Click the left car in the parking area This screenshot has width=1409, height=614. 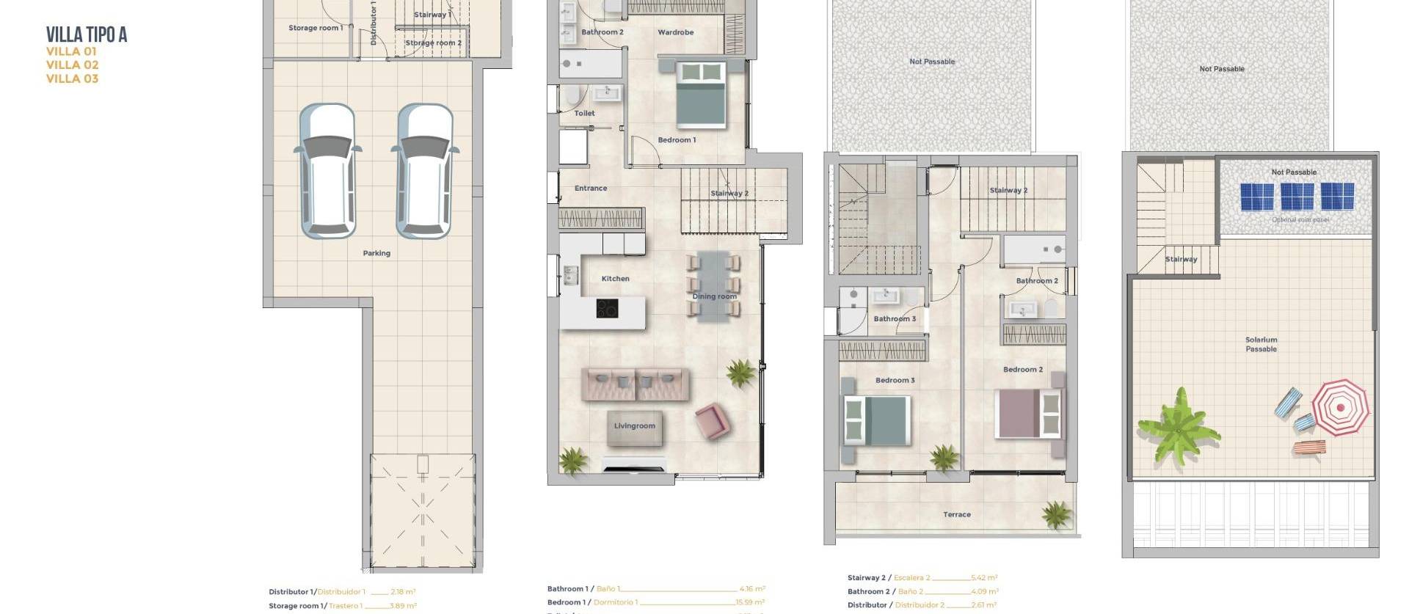tap(327, 171)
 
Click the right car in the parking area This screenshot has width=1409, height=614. tap(425, 171)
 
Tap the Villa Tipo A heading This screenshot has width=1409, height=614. tap(87, 34)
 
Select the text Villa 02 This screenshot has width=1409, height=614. tap(72, 65)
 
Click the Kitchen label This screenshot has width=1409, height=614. tap(615, 279)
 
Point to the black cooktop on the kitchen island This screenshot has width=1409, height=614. tap(607, 309)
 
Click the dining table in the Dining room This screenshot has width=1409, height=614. tap(713, 287)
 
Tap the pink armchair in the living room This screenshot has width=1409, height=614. tap(712, 422)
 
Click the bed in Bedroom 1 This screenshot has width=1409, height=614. tap(701, 95)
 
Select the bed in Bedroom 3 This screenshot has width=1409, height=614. tap(878, 421)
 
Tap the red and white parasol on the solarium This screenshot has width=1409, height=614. tap(1340, 408)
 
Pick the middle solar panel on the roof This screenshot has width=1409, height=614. tap(1297, 197)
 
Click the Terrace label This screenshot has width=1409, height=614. tap(956, 515)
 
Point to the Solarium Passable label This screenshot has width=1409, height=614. tap(1261, 344)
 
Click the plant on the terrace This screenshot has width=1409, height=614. tap(1056, 514)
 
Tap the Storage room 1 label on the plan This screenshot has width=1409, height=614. tap(315, 28)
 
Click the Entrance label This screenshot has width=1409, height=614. tap(590, 189)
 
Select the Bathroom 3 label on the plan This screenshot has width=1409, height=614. tap(894, 319)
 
